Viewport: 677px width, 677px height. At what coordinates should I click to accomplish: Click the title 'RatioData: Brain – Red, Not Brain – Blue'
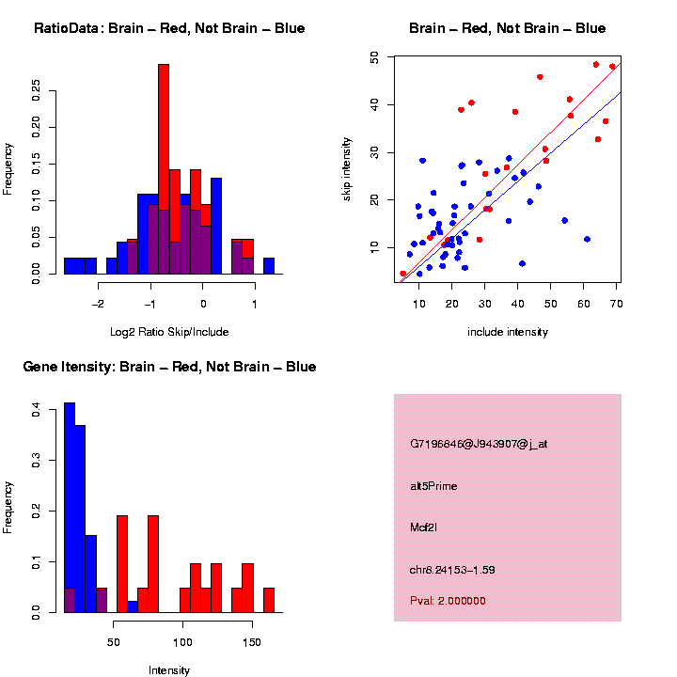169,28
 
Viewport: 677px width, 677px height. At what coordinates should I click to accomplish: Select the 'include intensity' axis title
508,331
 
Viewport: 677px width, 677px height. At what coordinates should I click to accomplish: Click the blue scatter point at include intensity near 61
587,239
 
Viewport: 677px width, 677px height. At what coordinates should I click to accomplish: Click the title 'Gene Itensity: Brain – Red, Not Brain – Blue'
169,367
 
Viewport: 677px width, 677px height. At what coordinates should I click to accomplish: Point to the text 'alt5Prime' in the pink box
433,486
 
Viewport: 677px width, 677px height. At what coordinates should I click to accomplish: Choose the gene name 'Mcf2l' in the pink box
423,527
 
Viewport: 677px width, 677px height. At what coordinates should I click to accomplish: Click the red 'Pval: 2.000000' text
448,600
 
